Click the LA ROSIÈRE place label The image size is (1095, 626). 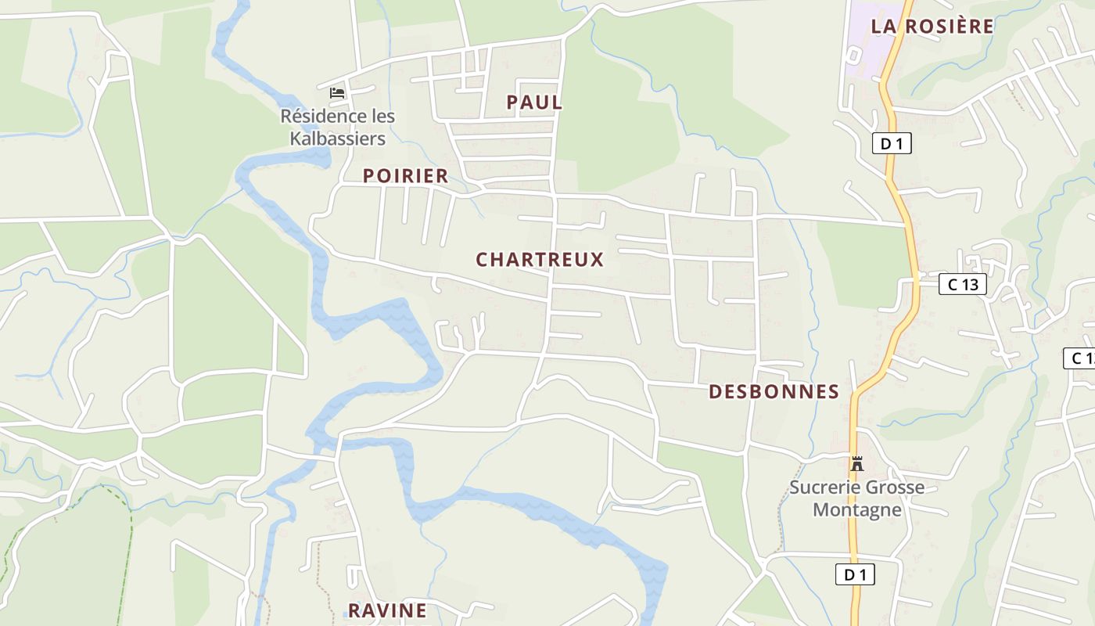(x=932, y=26)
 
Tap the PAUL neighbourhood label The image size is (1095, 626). (x=534, y=103)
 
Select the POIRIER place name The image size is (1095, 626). (x=405, y=176)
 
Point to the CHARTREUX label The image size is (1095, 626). (x=540, y=260)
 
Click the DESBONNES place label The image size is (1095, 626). (x=774, y=392)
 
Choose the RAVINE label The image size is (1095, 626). (x=387, y=610)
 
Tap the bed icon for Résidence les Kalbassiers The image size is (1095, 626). (x=337, y=92)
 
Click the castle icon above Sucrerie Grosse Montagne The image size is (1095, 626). (x=856, y=463)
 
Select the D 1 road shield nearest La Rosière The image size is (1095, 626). (x=892, y=144)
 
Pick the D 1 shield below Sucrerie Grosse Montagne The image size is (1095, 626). (x=855, y=574)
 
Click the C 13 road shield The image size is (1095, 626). (x=962, y=285)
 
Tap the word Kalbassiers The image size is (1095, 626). (x=338, y=139)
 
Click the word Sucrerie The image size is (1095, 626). (x=823, y=487)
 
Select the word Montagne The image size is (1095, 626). (x=857, y=510)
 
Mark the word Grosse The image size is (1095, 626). (x=893, y=487)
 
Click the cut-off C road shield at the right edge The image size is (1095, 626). (x=1080, y=358)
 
